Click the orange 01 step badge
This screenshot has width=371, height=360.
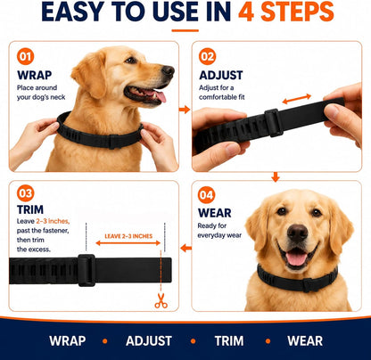(x=25, y=56)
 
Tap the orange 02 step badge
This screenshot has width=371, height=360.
(x=207, y=56)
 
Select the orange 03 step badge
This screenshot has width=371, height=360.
(x=25, y=193)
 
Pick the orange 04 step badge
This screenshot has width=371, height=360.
(x=206, y=195)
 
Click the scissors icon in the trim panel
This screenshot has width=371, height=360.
(x=161, y=300)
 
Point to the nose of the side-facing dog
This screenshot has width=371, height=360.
(x=168, y=70)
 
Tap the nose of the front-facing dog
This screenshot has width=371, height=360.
(x=297, y=233)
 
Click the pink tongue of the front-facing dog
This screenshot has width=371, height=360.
(x=296, y=258)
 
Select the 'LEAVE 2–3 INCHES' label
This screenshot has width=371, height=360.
(x=128, y=236)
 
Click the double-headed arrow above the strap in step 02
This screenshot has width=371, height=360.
(x=297, y=99)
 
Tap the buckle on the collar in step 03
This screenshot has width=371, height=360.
(x=87, y=270)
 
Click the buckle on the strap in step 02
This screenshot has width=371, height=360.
(x=273, y=123)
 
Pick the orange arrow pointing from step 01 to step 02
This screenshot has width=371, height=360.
(x=185, y=110)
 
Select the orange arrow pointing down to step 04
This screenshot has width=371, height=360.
(x=276, y=177)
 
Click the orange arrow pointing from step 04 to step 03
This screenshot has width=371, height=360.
(x=186, y=248)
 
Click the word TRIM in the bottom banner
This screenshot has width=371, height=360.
(x=229, y=341)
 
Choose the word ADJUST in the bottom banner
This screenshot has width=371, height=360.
(x=149, y=341)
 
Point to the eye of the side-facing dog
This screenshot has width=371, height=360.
(x=131, y=61)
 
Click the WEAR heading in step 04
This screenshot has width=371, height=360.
(x=215, y=213)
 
